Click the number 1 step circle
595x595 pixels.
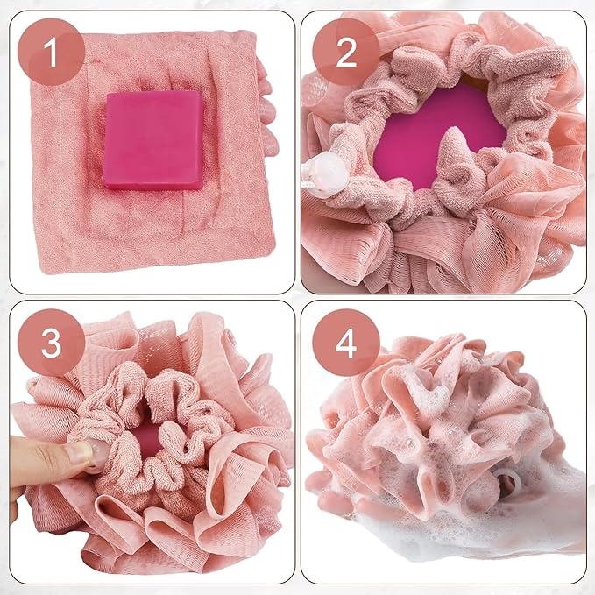point(51,52)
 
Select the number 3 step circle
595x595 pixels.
point(51,344)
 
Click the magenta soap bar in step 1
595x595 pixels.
point(153,140)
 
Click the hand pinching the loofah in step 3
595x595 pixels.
point(39,464)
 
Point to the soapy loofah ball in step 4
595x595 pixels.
point(429,429)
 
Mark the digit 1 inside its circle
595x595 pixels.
point(51,52)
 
